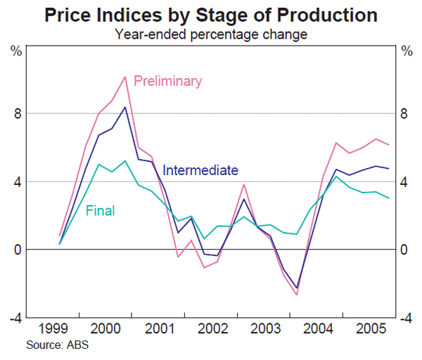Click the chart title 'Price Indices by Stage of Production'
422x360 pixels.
click(x=211, y=15)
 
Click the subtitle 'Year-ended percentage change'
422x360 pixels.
click(x=211, y=33)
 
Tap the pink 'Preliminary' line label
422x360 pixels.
click(x=167, y=81)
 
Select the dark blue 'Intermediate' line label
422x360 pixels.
click(x=200, y=170)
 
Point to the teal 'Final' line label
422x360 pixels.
click(x=100, y=210)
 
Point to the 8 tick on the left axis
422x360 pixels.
click(x=17, y=114)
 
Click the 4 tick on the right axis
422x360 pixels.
click(x=404, y=182)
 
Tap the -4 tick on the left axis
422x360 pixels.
click(x=14, y=318)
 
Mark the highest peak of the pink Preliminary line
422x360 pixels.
click(x=125, y=77)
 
